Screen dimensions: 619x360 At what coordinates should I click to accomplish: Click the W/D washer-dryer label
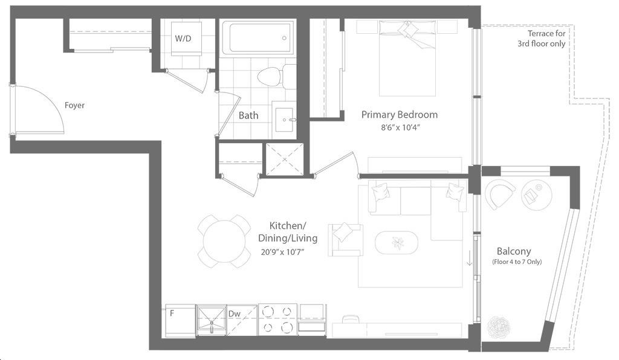click(x=183, y=39)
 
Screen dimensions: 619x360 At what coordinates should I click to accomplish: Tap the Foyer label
click(x=74, y=105)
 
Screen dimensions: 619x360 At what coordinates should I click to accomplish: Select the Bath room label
click(x=248, y=115)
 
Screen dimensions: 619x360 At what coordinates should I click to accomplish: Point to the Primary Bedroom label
click(x=400, y=115)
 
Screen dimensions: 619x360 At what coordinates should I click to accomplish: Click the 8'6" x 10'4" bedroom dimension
click(x=400, y=127)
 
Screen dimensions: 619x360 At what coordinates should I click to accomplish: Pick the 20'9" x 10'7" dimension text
click(x=283, y=252)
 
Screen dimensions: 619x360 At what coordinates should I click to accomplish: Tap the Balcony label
click(x=514, y=251)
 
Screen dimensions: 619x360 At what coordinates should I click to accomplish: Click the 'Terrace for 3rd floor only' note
click(x=542, y=39)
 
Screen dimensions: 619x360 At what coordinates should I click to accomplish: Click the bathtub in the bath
click(x=259, y=38)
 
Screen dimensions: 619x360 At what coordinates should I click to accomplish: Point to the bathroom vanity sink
click(x=284, y=120)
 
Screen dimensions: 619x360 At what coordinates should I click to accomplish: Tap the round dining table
click(x=224, y=242)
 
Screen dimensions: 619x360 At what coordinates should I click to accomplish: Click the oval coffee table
click(x=396, y=243)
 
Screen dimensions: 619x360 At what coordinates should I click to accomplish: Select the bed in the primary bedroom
click(x=407, y=58)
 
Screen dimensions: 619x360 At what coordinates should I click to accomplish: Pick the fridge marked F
click(x=180, y=321)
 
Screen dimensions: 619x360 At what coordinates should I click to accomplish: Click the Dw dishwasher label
click(x=234, y=314)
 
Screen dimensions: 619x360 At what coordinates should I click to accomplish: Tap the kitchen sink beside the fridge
click(x=211, y=320)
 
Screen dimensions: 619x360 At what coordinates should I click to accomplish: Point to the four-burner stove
click(x=277, y=320)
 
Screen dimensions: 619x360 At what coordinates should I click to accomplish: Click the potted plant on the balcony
click(x=499, y=327)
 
